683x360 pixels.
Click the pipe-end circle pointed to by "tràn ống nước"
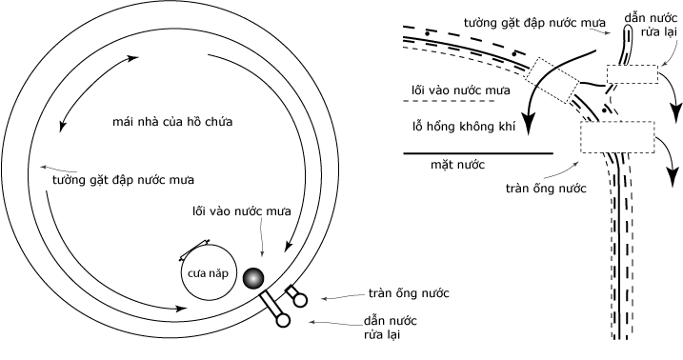click(301, 300)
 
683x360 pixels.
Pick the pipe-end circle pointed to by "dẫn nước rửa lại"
click(283, 321)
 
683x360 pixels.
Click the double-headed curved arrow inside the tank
click(92, 91)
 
